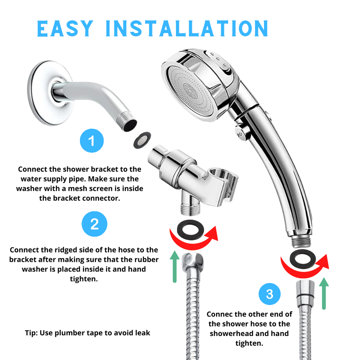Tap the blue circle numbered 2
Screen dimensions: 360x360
click(x=94, y=224)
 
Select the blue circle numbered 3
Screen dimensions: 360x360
click(x=269, y=294)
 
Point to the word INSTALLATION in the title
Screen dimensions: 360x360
click(x=186, y=28)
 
